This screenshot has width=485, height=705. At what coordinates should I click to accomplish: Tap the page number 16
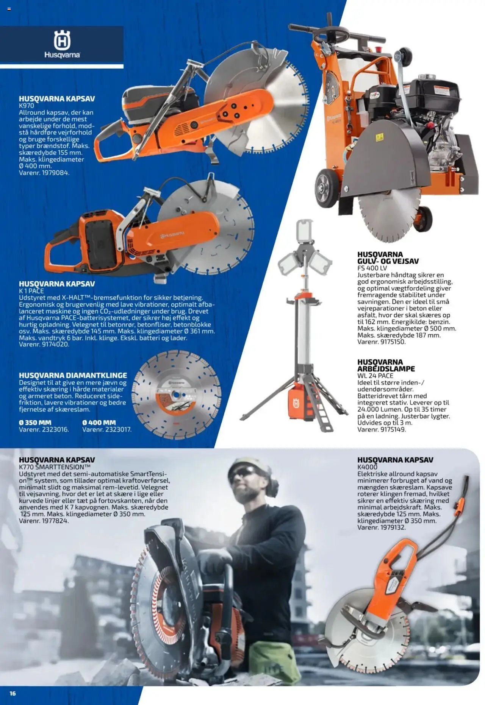pos(13,693)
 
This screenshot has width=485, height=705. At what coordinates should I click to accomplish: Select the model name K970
pos(27,106)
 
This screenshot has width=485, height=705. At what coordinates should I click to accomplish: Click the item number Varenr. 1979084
pos(44,173)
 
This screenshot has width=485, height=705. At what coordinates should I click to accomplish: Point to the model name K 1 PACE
pos(31,291)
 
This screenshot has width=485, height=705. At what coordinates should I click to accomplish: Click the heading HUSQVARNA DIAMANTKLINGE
pos(73,375)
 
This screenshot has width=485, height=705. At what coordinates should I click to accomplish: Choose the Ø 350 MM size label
pos(35,423)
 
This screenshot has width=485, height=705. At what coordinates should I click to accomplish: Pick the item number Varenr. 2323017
pos(107,429)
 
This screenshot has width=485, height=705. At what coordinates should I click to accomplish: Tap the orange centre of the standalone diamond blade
pos(176,395)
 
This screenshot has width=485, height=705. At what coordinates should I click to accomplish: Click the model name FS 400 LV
pos(372,268)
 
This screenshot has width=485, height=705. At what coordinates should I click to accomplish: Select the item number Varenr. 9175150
pos(382,342)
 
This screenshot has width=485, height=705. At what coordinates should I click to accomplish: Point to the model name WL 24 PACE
pos(375,376)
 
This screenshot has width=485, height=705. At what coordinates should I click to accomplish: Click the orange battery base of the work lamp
pos(297,402)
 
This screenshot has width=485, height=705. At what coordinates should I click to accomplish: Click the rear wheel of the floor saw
pos(327,188)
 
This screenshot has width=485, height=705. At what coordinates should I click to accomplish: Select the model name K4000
pos(368,467)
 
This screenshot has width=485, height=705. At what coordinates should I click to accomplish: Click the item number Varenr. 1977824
pos(44,521)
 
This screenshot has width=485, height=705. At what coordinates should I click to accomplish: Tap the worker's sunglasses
pos(244,474)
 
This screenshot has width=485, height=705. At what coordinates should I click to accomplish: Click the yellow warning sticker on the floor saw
pos(380,137)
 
